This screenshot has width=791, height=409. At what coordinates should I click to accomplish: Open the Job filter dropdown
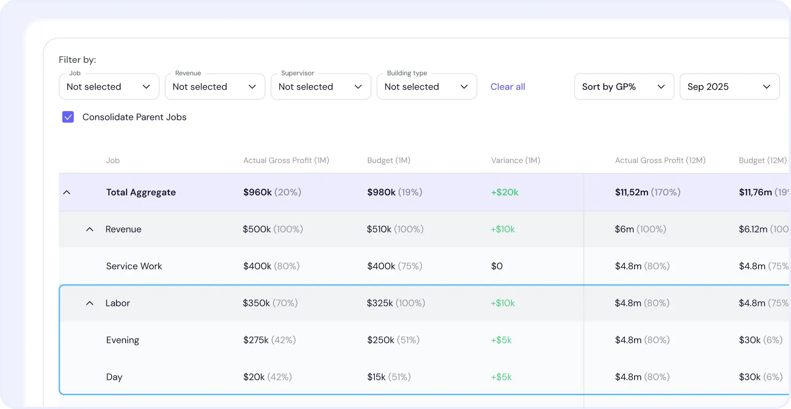tap(109, 87)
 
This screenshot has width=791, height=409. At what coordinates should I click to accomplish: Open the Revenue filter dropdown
tap(214, 87)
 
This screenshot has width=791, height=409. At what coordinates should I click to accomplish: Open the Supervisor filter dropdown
tap(320, 87)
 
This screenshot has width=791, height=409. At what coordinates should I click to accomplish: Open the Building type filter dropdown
tap(426, 87)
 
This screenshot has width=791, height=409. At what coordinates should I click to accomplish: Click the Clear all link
tap(508, 87)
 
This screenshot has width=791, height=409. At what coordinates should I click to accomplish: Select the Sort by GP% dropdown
tap(624, 87)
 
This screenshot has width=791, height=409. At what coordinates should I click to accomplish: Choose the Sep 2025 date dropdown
tap(729, 87)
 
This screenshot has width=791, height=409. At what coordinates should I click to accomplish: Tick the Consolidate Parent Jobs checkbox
tap(68, 117)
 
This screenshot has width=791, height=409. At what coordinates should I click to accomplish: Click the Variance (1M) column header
tap(515, 161)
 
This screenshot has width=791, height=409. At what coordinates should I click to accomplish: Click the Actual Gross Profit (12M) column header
tap(660, 161)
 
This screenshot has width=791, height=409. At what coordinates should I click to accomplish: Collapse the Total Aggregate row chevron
tap(67, 193)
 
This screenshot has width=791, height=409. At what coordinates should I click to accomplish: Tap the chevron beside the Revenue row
tap(90, 230)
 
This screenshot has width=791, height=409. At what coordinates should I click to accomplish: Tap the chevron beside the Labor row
tap(90, 303)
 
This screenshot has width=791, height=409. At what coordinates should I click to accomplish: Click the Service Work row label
tap(134, 266)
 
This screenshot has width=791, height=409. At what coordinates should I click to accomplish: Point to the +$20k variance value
tap(504, 192)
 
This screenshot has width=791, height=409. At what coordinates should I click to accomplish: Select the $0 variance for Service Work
tap(497, 266)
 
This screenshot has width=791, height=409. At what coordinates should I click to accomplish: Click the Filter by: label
tap(77, 60)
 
